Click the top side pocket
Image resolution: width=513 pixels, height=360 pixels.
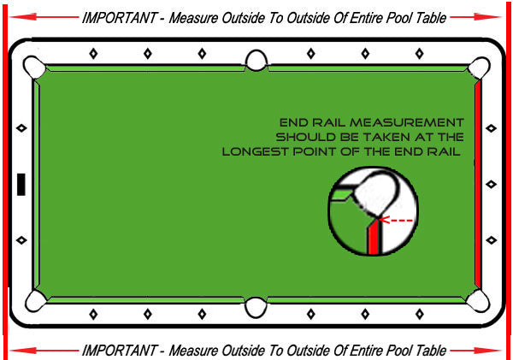tap(256, 61)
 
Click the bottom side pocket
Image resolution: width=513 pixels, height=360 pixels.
tap(256, 307)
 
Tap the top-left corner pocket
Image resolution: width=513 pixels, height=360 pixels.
tap(33, 67)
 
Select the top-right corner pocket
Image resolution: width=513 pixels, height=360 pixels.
tap(479, 68)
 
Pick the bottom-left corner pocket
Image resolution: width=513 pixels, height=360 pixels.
tap(36, 300)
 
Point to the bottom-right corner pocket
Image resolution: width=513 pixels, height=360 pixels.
tap(478, 301)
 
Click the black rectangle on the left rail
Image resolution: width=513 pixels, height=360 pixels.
tap(21, 184)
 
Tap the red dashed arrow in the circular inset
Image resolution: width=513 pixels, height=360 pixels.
tap(396, 220)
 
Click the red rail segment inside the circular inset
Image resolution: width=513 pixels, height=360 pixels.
tap(374, 237)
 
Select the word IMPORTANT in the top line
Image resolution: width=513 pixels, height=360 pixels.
tap(119, 18)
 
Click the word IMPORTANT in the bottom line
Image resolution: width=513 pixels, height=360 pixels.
tap(119, 351)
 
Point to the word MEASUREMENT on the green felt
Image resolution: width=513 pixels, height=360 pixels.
tap(407, 122)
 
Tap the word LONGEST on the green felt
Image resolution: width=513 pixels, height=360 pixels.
tap(255, 152)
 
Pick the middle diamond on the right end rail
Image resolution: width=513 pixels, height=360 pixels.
tap(491, 184)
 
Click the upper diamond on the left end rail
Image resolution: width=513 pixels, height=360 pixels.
tap(21, 128)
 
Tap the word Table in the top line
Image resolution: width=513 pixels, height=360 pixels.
tap(431, 18)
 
